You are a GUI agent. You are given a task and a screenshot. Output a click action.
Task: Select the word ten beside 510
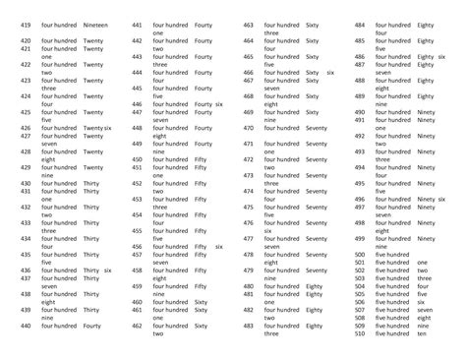tap(422, 333)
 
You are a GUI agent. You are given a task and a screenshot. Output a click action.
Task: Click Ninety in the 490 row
tap(426, 112)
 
